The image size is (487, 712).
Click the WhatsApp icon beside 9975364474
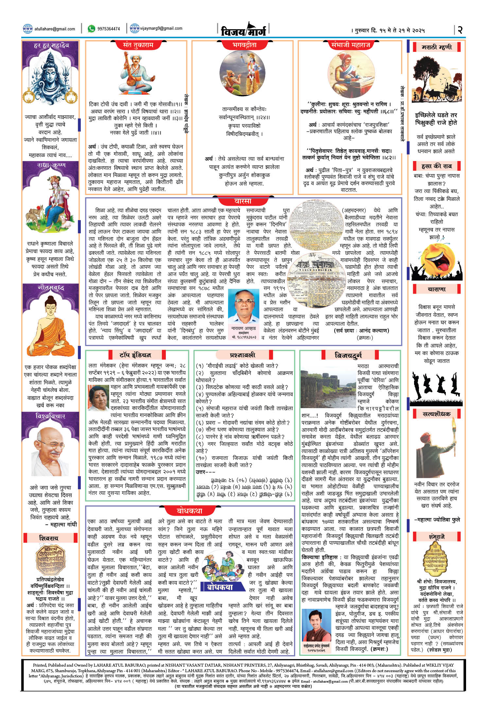click(x=91, y=29)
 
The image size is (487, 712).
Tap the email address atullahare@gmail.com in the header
click(x=55, y=29)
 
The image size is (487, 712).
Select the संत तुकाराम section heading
click(x=138, y=45)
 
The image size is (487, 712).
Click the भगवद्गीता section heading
click(x=244, y=45)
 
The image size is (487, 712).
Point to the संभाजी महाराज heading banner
click(x=350, y=45)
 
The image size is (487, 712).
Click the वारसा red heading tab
click(x=243, y=201)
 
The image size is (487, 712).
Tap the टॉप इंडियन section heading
click(x=135, y=355)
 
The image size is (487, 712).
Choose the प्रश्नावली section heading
click(x=242, y=355)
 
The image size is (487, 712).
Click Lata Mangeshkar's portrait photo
click(x=98, y=398)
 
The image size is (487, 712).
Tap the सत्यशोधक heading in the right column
click(x=436, y=414)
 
